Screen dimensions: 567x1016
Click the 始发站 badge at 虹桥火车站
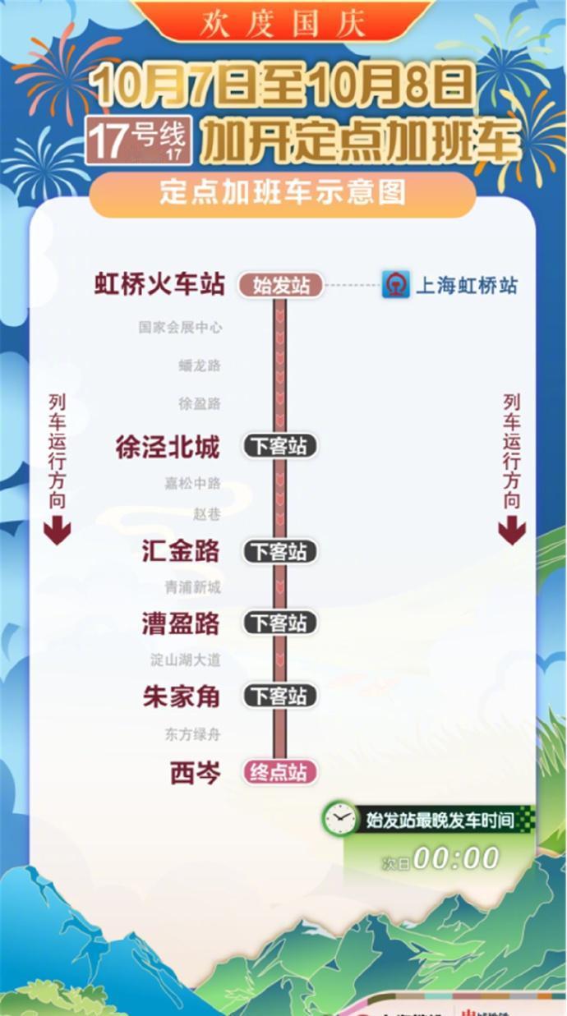[281, 286]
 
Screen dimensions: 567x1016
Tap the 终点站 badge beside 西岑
[279, 772]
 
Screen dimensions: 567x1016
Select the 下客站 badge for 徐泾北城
[279, 447]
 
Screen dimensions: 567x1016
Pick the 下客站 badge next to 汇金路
[279, 551]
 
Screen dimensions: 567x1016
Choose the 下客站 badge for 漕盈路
[279, 623]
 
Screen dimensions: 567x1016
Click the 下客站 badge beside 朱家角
[279, 696]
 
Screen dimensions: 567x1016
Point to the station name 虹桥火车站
[159, 285]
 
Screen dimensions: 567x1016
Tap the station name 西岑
[196, 772]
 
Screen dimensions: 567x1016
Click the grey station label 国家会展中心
[180, 328]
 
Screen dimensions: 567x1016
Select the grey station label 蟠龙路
[200, 365]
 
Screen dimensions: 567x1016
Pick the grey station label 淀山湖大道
[186, 660]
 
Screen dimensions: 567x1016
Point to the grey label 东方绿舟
[192, 734]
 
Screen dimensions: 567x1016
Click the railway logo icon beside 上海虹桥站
[395, 285]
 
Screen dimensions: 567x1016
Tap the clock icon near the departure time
[339, 818]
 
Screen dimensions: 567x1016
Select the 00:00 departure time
[456, 858]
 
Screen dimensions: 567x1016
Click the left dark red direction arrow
[57, 532]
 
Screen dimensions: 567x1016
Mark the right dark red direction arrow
[512, 532]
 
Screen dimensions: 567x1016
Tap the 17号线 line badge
[140, 140]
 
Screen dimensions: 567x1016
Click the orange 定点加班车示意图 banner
[283, 193]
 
